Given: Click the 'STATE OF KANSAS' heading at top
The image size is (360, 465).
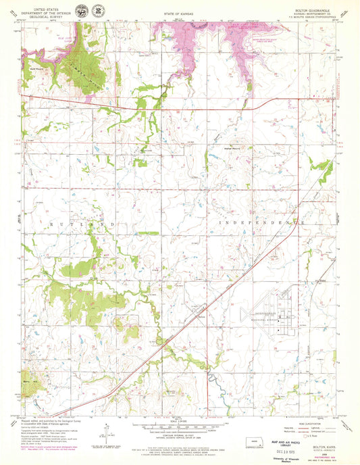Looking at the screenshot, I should click(x=178, y=14).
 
